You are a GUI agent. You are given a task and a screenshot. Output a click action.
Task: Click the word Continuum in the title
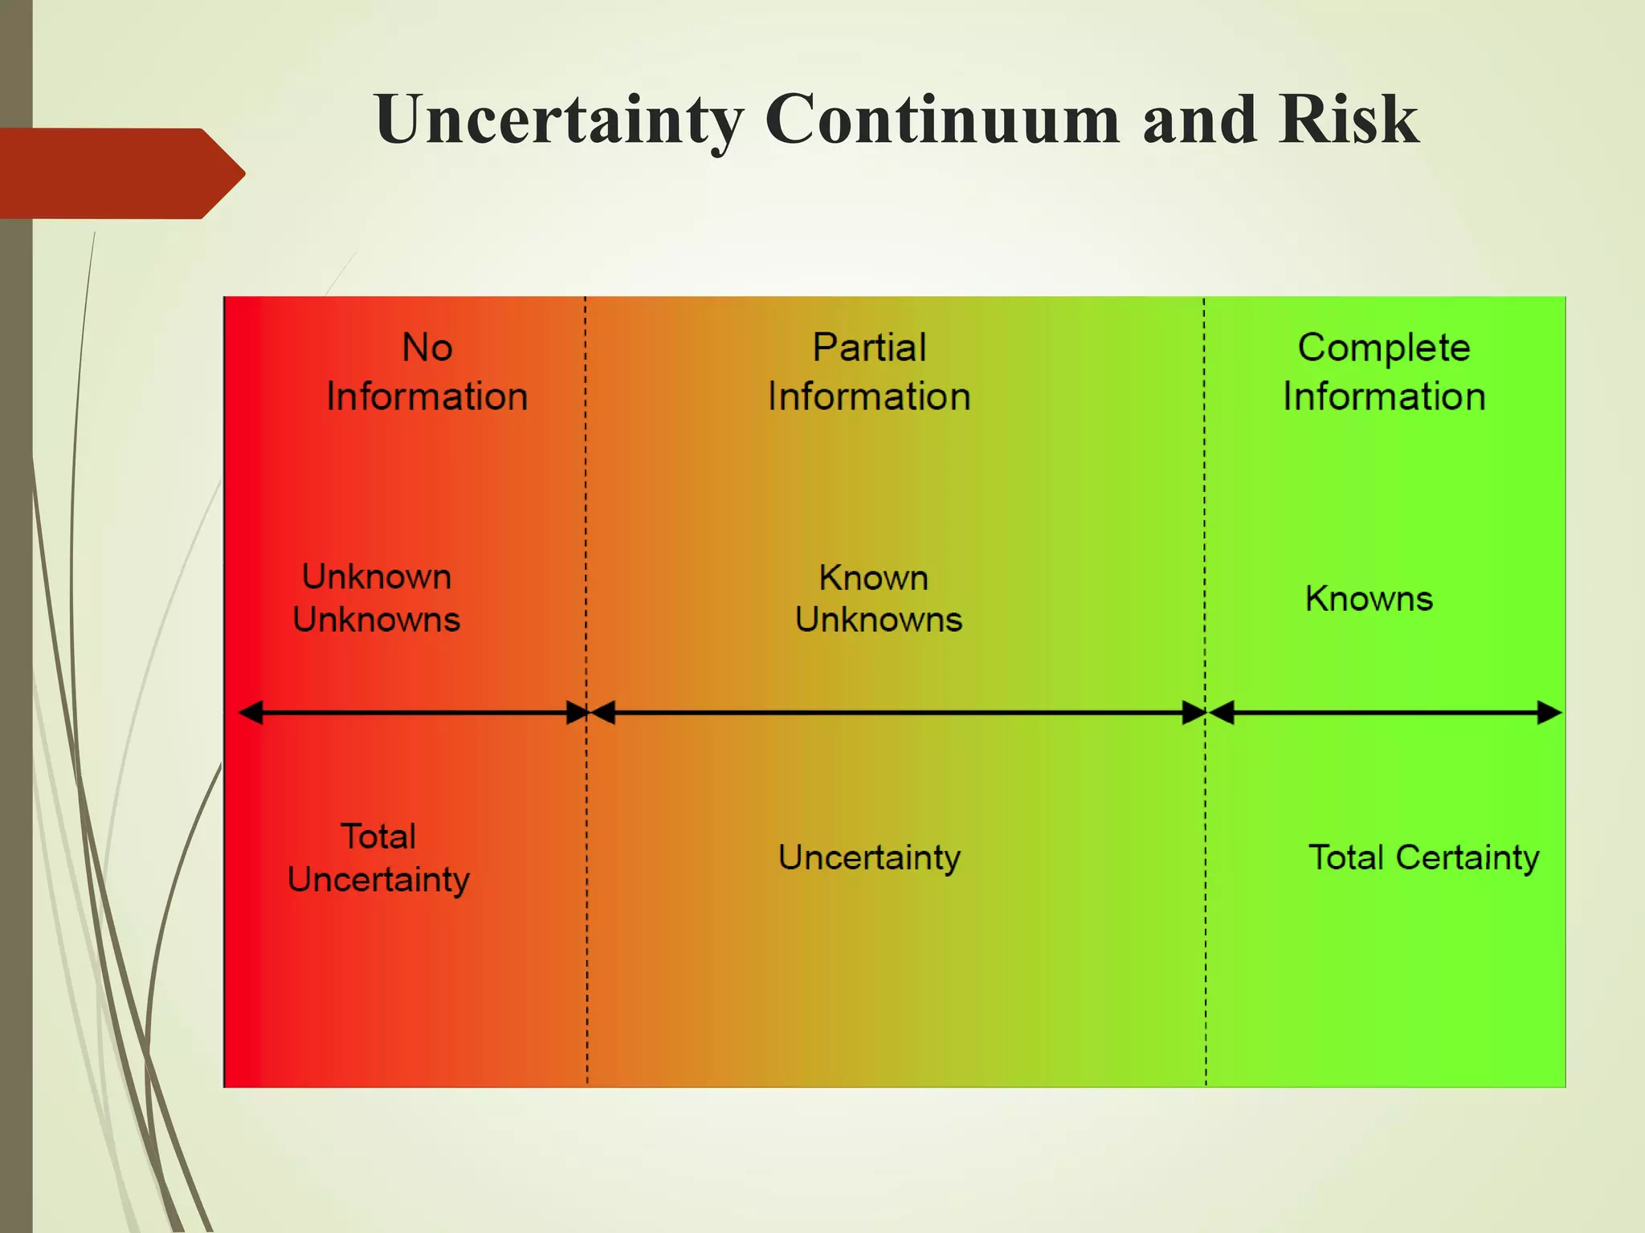(x=942, y=120)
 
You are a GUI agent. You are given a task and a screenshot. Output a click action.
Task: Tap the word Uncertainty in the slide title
(x=558, y=120)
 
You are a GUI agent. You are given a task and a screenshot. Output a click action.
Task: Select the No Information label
(x=427, y=372)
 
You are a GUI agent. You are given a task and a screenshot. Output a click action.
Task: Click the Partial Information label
(x=869, y=372)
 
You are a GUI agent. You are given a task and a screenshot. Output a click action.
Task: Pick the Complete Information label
(x=1384, y=372)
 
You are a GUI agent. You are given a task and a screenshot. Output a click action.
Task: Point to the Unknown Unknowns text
(x=376, y=598)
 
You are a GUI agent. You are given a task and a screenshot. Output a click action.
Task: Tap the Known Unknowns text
(x=877, y=599)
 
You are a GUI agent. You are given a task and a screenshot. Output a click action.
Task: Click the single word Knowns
(x=1369, y=599)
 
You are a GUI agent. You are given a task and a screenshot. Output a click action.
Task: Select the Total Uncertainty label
(x=378, y=858)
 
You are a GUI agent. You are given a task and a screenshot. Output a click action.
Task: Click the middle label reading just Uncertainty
(x=869, y=857)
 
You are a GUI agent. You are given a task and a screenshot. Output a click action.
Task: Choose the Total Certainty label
(x=1423, y=857)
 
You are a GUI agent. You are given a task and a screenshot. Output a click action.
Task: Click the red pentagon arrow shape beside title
(x=120, y=173)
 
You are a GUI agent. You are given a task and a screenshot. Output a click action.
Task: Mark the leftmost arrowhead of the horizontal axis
(x=251, y=712)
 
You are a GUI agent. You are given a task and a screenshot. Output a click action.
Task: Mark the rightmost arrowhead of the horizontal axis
(x=1549, y=712)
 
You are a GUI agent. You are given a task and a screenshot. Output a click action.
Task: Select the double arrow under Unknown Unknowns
(x=414, y=712)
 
